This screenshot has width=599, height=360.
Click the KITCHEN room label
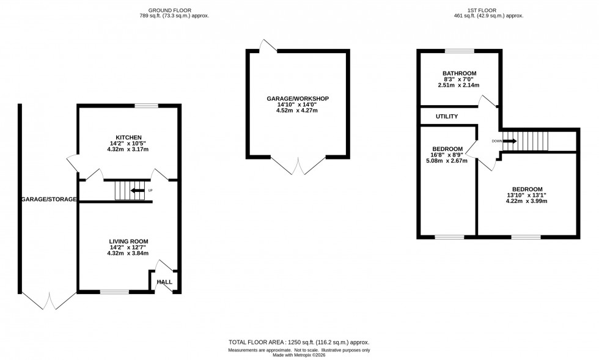(x=128, y=137)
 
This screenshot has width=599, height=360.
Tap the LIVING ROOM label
(x=128, y=241)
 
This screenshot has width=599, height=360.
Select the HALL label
(x=164, y=282)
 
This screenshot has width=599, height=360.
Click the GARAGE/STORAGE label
(x=49, y=199)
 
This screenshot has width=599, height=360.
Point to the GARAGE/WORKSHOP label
(x=298, y=98)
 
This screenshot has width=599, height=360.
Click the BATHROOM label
(x=459, y=73)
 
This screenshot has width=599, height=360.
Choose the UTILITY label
(x=447, y=116)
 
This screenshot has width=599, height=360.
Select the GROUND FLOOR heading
(x=174, y=10)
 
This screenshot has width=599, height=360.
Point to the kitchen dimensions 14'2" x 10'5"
(x=128, y=144)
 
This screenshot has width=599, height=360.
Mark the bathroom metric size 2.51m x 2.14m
(x=459, y=86)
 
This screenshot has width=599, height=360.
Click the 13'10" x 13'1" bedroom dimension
(x=526, y=195)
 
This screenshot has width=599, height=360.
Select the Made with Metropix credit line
(x=299, y=355)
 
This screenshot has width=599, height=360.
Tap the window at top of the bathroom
(x=459, y=51)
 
